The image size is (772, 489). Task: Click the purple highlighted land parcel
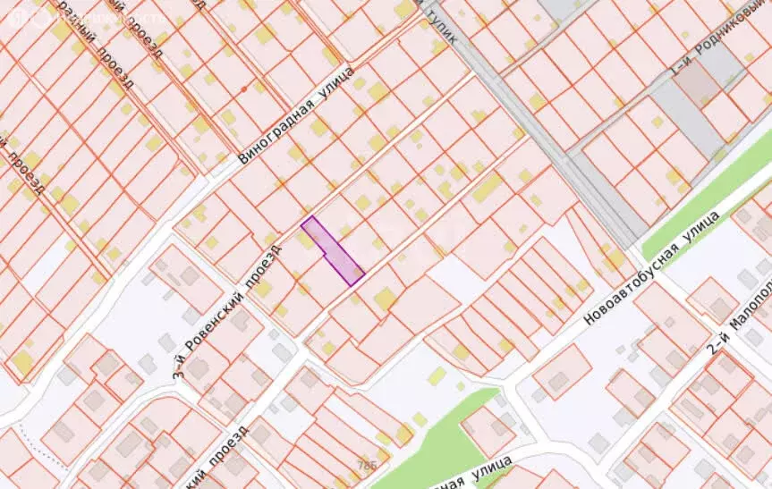[x=334, y=252]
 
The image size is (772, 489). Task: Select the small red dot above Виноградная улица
[x=242, y=89]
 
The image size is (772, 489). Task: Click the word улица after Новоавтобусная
[x=702, y=230]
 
